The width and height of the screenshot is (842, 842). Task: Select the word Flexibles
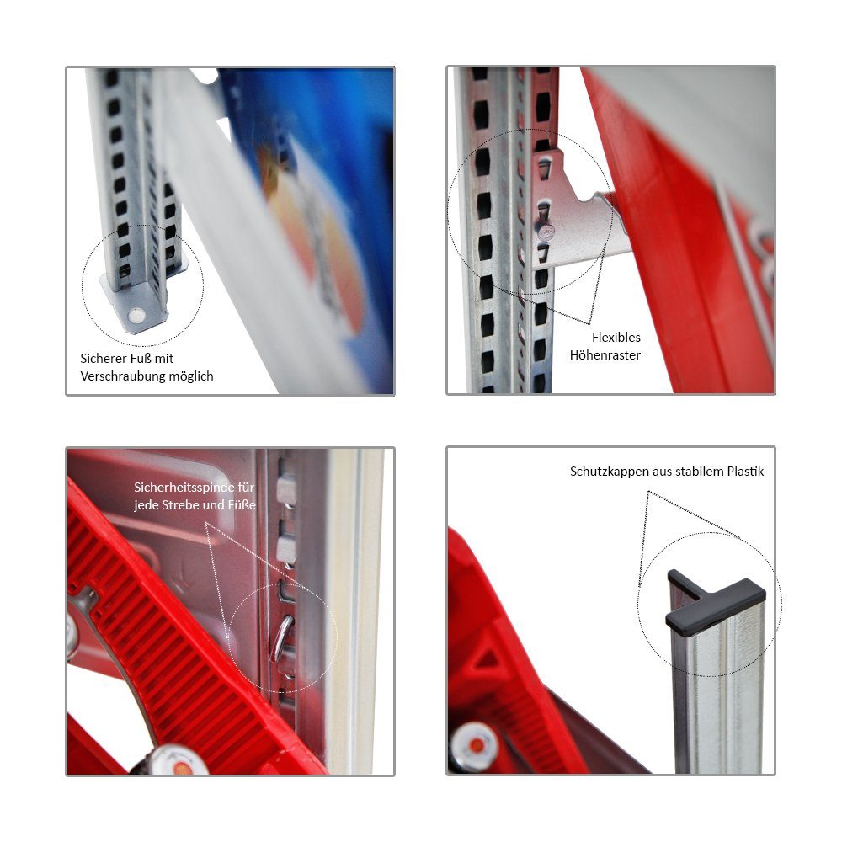616,338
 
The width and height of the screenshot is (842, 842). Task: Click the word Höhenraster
605,355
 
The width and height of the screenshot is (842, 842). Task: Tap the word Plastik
745,471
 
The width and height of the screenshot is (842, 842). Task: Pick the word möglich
191,376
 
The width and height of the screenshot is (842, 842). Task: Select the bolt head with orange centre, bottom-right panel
475,745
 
